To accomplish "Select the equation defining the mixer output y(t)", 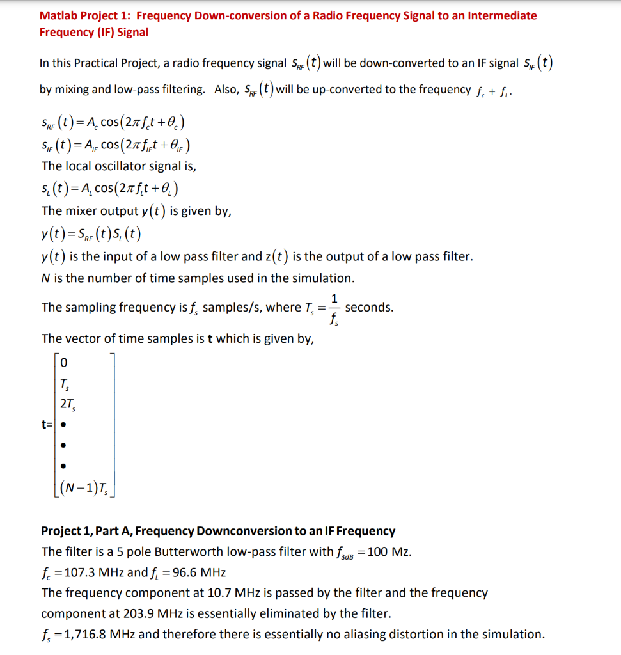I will pyautogui.click(x=91, y=233).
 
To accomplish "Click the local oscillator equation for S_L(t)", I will pyautogui.click(x=109, y=189).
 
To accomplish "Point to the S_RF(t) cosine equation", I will pyautogui.click(x=113, y=122).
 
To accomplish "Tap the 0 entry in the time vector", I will pyautogui.click(x=63, y=363).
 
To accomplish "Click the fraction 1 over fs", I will pyautogui.click(x=335, y=307).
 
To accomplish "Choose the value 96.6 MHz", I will pyautogui.click(x=196, y=572).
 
